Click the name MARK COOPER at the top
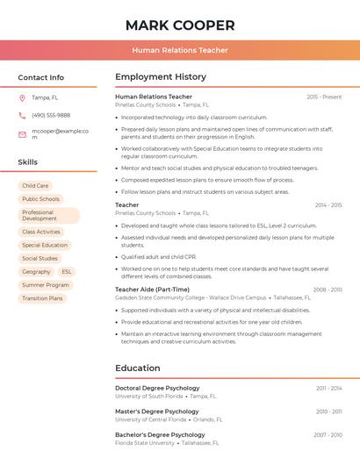pos(180,25)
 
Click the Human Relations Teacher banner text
pos(180,50)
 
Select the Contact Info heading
pos(41,77)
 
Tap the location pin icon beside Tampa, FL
pos(22,97)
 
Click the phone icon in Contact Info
pos(22,115)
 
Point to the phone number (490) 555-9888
pos(51,115)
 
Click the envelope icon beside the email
pos(22,134)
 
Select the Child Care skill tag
pos(36,186)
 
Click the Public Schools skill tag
pos(41,199)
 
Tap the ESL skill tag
pos(67,272)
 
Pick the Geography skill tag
pos(37,272)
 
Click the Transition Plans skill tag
pos(43,298)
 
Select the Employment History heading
pos(161,77)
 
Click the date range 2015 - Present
pos(324,97)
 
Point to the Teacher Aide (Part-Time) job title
pos(152,289)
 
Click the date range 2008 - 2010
pos(327,289)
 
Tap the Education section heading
pos(138,368)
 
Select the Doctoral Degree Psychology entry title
pos(157,388)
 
